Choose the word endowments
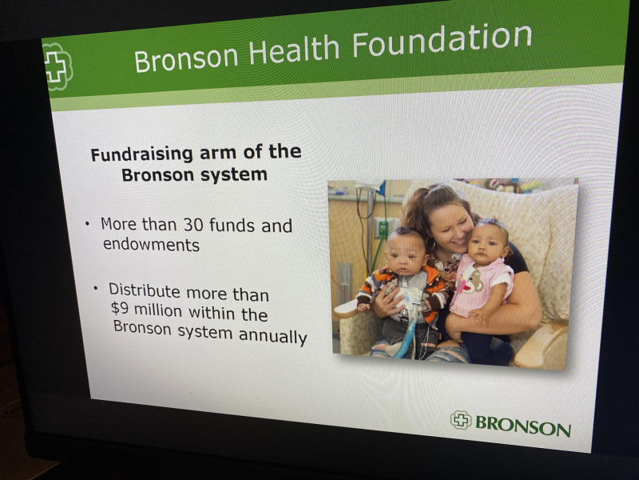(x=151, y=245)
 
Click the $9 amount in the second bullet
(x=120, y=308)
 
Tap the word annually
(x=272, y=336)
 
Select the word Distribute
(x=145, y=290)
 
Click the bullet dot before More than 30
(x=87, y=224)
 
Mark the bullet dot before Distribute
(x=96, y=288)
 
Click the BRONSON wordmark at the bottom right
(x=523, y=426)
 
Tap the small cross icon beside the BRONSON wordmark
(x=461, y=420)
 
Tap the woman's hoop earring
(x=431, y=245)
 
